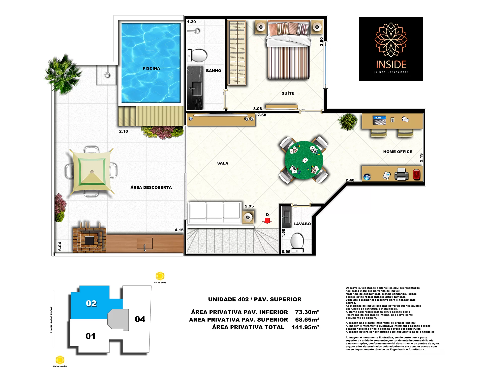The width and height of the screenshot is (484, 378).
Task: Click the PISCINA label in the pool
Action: (x=151, y=68)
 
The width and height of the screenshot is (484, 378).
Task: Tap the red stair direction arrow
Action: (x=267, y=221)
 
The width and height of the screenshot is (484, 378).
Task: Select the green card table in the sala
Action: (x=304, y=160)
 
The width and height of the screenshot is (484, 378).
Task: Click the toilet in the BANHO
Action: (x=197, y=55)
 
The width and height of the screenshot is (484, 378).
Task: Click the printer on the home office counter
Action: (x=401, y=174)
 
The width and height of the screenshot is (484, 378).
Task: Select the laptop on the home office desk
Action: (x=379, y=120)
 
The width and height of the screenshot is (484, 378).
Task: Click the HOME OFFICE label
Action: (x=398, y=152)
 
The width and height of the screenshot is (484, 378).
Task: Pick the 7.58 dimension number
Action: (x=262, y=115)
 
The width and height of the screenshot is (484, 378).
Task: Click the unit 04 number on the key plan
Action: (x=140, y=319)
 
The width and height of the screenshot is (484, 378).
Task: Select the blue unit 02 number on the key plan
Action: (x=91, y=303)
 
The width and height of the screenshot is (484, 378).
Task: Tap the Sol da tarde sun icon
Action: (x=160, y=276)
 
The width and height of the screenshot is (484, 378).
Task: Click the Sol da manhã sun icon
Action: (x=60, y=360)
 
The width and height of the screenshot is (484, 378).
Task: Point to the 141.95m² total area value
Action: (x=306, y=327)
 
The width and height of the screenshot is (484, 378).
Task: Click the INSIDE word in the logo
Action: (x=391, y=65)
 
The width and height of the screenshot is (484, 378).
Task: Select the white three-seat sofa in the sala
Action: (x=215, y=213)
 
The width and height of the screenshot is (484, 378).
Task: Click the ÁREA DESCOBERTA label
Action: (x=151, y=187)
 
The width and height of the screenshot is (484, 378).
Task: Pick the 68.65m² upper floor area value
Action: (x=307, y=320)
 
